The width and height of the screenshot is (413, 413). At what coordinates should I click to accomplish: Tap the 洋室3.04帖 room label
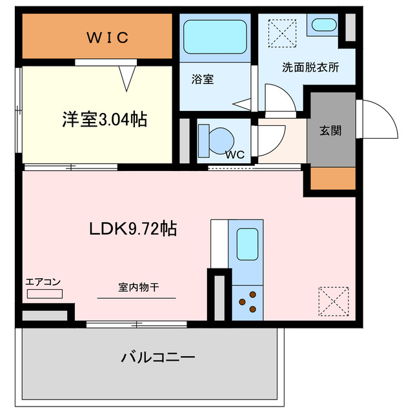pyautogui.click(x=103, y=119)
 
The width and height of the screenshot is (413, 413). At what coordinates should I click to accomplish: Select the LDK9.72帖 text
pyautogui.click(x=134, y=228)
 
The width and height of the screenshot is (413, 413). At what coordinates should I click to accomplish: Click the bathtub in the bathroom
pyautogui.click(x=215, y=37)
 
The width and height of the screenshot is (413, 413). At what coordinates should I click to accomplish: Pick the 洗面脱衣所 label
pyautogui.click(x=310, y=66)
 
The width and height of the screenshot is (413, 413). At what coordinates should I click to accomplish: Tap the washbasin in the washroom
pyautogui.click(x=321, y=25)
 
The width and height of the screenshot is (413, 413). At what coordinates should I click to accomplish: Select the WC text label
pyautogui.click(x=234, y=155)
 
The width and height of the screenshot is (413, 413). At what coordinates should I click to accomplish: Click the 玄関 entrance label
pyautogui.click(x=330, y=130)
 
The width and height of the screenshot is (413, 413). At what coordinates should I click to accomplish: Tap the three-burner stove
pyautogui.click(x=248, y=302)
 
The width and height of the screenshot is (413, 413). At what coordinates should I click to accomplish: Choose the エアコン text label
pyautogui.click(x=43, y=281)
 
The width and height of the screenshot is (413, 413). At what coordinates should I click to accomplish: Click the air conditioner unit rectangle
pyautogui.click(x=45, y=294)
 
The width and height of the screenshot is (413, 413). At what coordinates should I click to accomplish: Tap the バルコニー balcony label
pyautogui.click(x=158, y=356)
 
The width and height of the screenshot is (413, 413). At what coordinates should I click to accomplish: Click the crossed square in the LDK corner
pyautogui.click(x=334, y=299)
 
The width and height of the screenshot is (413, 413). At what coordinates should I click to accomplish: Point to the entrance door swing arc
pyautogui.click(x=381, y=119)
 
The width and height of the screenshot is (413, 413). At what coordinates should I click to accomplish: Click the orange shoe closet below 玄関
pyautogui.click(x=333, y=178)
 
